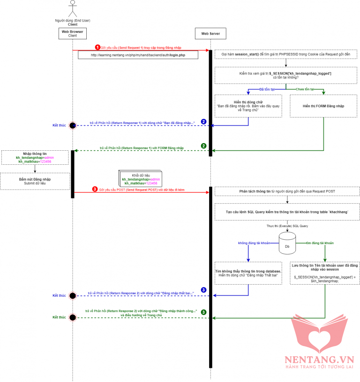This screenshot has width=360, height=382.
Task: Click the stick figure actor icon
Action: tap(72, 8)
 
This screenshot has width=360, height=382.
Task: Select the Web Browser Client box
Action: tap(72, 33)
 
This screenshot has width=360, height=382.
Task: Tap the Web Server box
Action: tap(210, 33)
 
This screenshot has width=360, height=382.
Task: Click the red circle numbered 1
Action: tap(97, 47)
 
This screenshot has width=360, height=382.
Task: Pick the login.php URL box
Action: tap(138, 55)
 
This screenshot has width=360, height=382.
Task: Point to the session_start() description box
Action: tap(287, 55)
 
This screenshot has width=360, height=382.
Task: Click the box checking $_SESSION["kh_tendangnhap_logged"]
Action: tap(287, 75)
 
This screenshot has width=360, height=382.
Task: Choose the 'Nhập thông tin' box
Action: tap(35, 158)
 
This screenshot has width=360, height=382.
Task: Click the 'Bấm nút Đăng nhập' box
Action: tap(35, 181)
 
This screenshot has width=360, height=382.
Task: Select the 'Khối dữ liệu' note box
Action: tap(140, 178)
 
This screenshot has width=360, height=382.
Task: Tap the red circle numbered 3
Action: tap(95, 189)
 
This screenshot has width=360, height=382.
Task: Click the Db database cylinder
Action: tap(286, 243)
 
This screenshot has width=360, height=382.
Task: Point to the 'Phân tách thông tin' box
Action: tap(287, 191)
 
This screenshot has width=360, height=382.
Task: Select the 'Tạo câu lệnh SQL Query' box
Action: tap(287, 212)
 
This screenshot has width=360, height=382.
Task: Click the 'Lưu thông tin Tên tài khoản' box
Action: tap(324, 273)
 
